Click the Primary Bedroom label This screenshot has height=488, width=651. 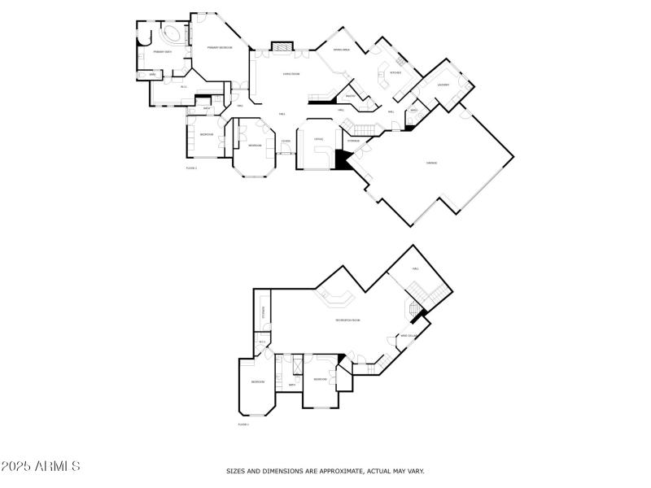219,48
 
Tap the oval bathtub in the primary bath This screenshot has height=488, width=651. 172,35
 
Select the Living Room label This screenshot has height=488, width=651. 291,74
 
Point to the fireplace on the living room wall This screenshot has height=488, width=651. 282,46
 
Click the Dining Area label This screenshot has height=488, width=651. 341,50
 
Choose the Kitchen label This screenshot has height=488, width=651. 395,72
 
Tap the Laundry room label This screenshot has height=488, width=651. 443,85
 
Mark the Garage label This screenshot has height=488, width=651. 431,163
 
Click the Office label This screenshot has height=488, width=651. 319,139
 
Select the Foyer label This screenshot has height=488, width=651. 286,142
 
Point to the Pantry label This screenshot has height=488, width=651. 350,95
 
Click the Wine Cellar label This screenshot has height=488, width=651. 409,335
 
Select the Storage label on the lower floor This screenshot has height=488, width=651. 264,313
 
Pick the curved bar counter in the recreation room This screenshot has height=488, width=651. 336,298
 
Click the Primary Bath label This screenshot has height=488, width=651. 162,52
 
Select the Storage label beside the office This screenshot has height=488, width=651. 353,142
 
